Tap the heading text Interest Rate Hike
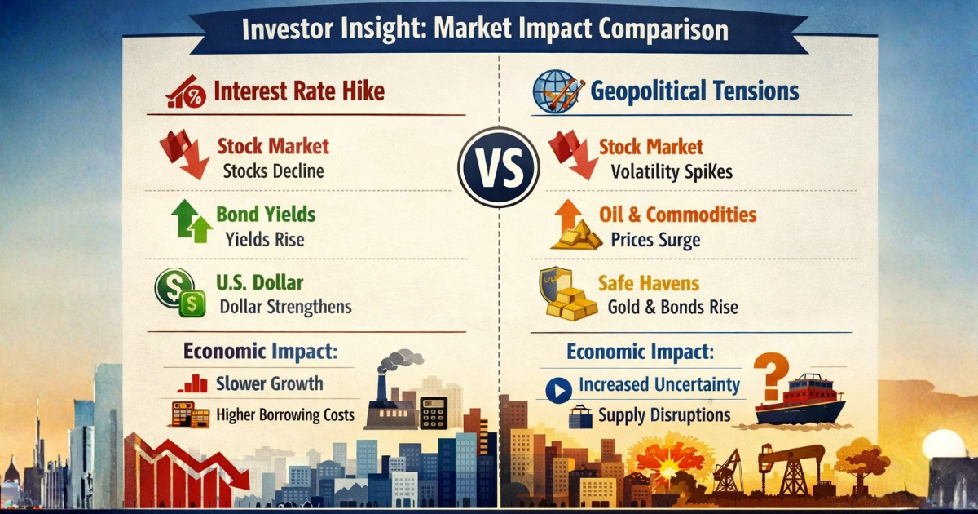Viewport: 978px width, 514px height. (298, 91)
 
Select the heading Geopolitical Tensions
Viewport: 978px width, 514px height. (694, 91)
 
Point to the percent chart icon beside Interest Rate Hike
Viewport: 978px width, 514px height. (185, 92)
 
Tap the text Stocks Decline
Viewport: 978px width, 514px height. (273, 171)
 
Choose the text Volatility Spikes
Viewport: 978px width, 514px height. (672, 172)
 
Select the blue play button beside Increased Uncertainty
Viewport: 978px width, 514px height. (558, 390)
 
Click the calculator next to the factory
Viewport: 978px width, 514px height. (433, 412)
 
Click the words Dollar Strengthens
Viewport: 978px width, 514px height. (286, 307)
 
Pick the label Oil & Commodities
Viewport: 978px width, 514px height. (677, 215)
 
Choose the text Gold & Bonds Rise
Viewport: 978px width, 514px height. (673, 308)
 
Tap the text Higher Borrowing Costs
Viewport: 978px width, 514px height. (285, 414)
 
